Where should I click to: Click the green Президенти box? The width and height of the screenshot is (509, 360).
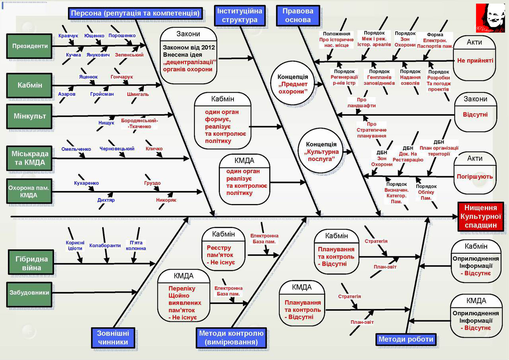click(30, 46)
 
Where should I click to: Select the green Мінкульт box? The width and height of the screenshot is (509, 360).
click(30, 117)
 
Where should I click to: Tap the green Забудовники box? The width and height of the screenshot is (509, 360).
click(30, 293)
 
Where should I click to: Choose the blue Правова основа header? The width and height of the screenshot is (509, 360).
click(298, 16)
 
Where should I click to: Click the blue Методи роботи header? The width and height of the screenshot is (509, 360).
click(406, 339)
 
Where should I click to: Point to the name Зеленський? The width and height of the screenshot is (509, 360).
click(129, 55)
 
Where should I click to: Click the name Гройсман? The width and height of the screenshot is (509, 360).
click(102, 94)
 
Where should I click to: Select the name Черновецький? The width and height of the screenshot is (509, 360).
click(117, 149)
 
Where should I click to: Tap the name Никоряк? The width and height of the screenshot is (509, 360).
click(166, 200)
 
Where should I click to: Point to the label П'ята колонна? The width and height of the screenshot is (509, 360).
click(136, 245)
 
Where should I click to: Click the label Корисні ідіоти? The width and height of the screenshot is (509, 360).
click(75, 245)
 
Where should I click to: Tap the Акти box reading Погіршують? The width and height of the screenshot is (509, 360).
click(475, 173)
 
